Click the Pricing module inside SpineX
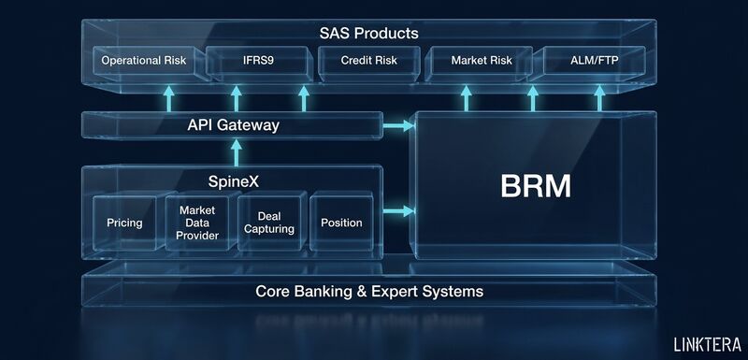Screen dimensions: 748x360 click(124, 223)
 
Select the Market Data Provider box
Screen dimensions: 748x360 click(197, 223)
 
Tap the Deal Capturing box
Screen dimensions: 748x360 click(269, 223)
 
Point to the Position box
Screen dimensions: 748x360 click(341, 223)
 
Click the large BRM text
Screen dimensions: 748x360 click(535, 186)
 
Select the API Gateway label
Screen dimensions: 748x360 click(233, 125)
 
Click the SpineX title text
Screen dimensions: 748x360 click(234, 181)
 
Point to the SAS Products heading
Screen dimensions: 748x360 click(368, 34)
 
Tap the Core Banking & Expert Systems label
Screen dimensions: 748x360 click(369, 291)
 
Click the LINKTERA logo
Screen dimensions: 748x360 click(708, 344)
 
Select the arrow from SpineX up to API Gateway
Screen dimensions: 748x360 click(237, 152)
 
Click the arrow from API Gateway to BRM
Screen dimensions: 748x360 click(398, 126)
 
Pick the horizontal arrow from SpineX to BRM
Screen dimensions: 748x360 click(398, 210)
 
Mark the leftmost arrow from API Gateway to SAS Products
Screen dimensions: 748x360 click(168, 99)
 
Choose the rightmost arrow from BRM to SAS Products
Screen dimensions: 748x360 click(599, 99)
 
